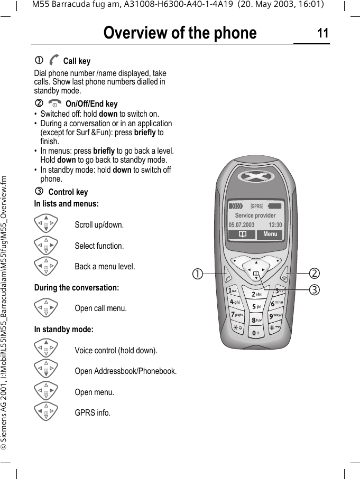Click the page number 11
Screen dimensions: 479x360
pos(322,34)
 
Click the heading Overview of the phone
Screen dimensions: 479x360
pos(180,33)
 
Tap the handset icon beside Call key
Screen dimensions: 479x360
pos(54,61)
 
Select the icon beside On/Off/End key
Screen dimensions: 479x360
pos(54,104)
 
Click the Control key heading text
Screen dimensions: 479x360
pos(68,192)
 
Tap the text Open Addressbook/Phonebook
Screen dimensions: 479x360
pos(125,371)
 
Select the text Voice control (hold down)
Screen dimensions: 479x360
pos(116,350)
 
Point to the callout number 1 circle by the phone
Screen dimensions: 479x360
pos(197,274)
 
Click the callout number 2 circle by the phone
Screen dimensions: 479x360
pos(315,273)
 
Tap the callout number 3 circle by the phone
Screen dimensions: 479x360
pos(315,289)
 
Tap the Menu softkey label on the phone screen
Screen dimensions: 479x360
pos(270,234)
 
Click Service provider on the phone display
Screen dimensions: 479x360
pos(255,215)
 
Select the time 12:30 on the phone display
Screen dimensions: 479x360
pos(275,225)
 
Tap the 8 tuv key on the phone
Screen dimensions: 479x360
pos(257,320)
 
